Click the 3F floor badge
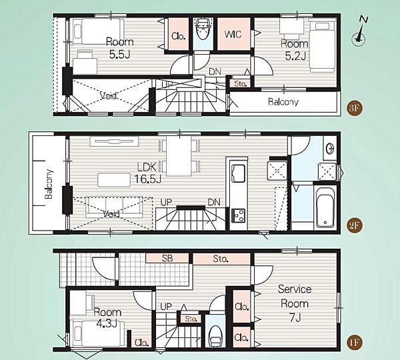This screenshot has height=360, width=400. click(355, 108)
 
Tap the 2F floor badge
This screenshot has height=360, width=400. click(355, 225)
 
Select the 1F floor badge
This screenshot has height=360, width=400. click(355, 342)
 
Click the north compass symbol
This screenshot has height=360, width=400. click(360, 32)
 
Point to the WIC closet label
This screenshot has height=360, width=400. click(233, 34)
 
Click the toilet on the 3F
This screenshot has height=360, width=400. click(203, 29)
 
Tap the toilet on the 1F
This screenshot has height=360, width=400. click(215, 335)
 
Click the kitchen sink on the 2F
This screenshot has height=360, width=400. click(238, 173)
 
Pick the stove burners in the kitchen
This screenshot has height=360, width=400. click(238, 215)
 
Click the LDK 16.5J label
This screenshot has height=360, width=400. click(147, 173)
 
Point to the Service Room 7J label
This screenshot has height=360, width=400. click(295, 303)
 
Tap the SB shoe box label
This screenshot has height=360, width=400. click(167, 258)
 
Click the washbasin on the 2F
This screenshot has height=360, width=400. click(330, 148)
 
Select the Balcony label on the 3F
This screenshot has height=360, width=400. click(283, 102)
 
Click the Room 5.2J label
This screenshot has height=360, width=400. click(295, 50)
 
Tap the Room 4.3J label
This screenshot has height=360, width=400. click(107, 317)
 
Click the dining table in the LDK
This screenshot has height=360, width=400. click(179, 156)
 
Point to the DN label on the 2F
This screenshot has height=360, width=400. click(214, 202)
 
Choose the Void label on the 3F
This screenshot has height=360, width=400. click(108, 96)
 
